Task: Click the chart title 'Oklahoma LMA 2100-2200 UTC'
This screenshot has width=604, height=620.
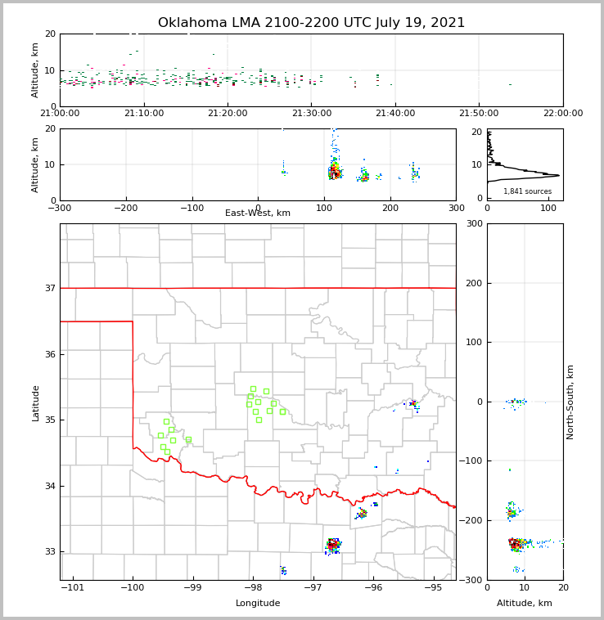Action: point(311,23)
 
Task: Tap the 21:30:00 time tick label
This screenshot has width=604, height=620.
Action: point(312,114)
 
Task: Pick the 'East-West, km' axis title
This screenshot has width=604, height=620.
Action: point(258,213)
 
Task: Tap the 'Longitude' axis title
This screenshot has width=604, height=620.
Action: point(258,604)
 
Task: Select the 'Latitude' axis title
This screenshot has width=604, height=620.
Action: point(36,402)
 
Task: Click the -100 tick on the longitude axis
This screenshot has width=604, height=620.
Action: point(133,586)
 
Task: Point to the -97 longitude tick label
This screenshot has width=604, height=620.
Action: point(313,586)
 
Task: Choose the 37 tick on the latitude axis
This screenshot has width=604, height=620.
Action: point(48,288)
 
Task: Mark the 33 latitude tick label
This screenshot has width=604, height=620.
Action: point(48,552)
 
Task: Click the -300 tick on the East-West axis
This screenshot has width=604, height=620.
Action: point(60,208)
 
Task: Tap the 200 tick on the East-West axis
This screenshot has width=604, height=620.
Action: point(390,208)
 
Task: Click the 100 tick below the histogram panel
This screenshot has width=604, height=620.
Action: point(548,208)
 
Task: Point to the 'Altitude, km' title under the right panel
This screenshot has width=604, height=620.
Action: point(525,604)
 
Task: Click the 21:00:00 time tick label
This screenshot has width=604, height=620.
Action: point(60,114)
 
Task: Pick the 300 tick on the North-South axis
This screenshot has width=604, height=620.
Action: point(474,224)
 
